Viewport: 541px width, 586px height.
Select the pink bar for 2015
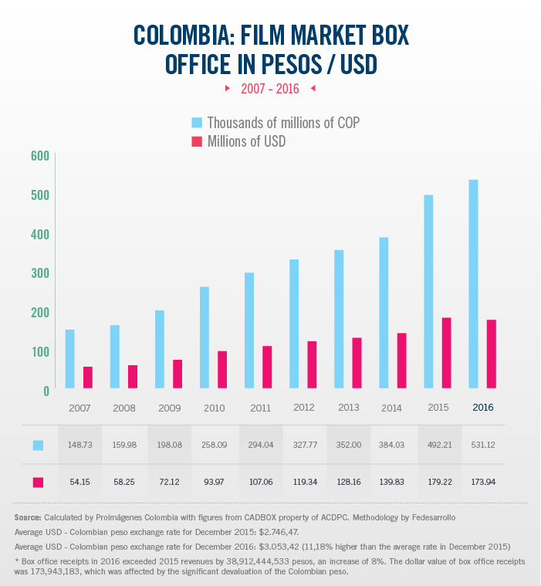click(x=446, y=353)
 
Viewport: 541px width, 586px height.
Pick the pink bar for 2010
click(x=222, y=370)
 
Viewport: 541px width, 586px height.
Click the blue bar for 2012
click(x=294, y=323)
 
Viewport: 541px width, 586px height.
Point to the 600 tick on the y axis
click(x=40, y=155)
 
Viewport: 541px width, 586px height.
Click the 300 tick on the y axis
click(x=40, y=273)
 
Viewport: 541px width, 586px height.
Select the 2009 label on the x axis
click(x=168, y=407)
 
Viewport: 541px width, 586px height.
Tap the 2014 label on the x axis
click(x=391, y=407)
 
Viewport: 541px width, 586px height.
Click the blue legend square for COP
click(x=197, y=123)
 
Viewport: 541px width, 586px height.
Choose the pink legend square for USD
click(x=197, y=142)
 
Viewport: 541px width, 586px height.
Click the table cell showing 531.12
click(x=482, y=445)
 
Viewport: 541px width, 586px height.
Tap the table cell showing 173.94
click(x=482, y=482)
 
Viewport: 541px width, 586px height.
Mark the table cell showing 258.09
click(x=213, y=445)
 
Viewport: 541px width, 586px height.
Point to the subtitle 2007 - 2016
click(x=270, y=89)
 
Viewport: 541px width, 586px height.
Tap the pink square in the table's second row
click(x=38, y=483)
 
